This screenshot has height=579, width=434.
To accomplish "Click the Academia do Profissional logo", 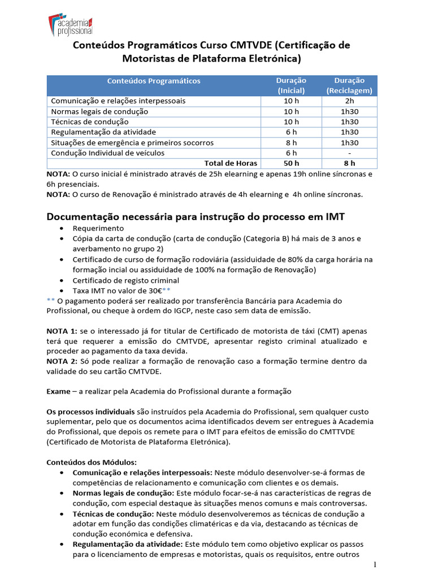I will pyautogui.click(x=71, y=24).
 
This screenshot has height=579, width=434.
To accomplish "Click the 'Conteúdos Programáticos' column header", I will pyautogui.click(x=153, y=81).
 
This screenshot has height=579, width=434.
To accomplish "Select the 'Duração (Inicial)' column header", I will pyautogui.click(x=291, y=85).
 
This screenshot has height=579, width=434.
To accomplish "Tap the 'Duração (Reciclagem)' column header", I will pyautogui.click(x=349, y=85).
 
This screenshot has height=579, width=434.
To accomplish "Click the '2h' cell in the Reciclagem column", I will pyautogui.click(x=349, y=101).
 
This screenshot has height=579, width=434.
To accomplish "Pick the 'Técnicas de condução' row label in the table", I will pyautogui.click(x=90, y=122).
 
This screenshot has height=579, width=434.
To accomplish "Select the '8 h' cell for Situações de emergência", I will pyautogui.click(x=291, y=142).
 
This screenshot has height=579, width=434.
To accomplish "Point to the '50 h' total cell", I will pyautogui.click(x=291, y=163).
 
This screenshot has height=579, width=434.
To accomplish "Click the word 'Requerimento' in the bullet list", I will pyautogui.click(x=98, y=228).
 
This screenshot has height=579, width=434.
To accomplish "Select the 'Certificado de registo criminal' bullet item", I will pyautogui.click(x=126, y=280).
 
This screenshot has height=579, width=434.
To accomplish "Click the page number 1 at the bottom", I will pyautogui.click(x=375, y=565).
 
